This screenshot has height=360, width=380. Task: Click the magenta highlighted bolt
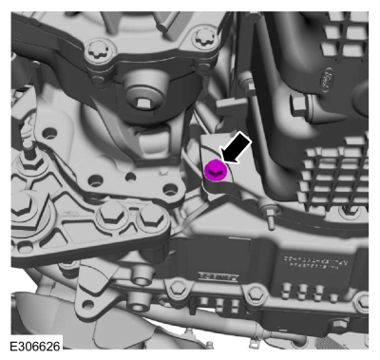(216, 170)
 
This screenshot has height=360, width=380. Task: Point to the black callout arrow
(236, 148)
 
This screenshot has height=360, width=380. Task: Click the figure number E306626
(35, 346)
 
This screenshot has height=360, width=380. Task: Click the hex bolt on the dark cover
(300, 105)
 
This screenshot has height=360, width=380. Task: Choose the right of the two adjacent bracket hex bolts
(150, 217)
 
